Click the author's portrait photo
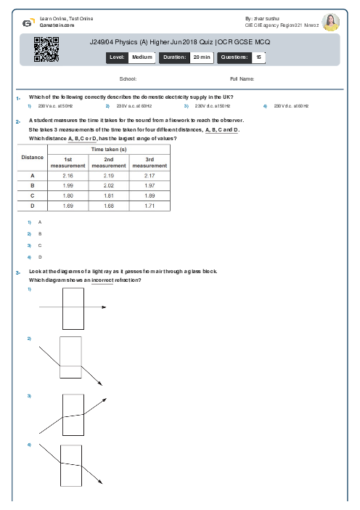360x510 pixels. (330, 22)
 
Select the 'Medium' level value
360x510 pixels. (142, 56)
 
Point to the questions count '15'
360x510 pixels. (259, 56)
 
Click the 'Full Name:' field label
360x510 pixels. (242, 78)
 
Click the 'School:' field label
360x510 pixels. (128, 78)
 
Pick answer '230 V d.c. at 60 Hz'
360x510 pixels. (291, 106)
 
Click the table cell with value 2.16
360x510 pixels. (68, 176)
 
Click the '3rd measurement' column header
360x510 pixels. (150, 162)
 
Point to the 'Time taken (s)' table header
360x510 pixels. (109, 148)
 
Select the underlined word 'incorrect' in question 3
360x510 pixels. (102, 280)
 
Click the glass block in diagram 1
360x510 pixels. (74, 308)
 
